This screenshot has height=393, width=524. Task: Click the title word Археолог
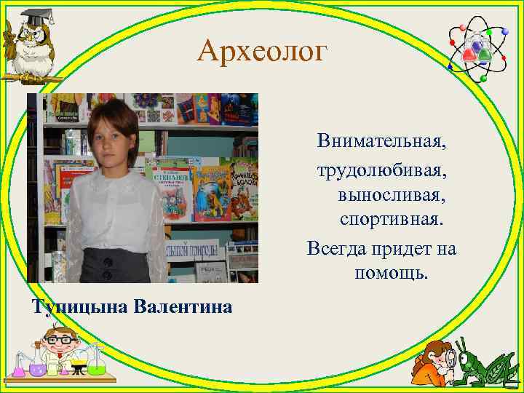[x=263, y=50]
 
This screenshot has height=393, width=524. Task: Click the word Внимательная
[x=381, y=140]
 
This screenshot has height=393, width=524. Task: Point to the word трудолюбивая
[x=381, y=173]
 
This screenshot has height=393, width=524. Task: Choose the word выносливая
[x=392, y=195]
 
